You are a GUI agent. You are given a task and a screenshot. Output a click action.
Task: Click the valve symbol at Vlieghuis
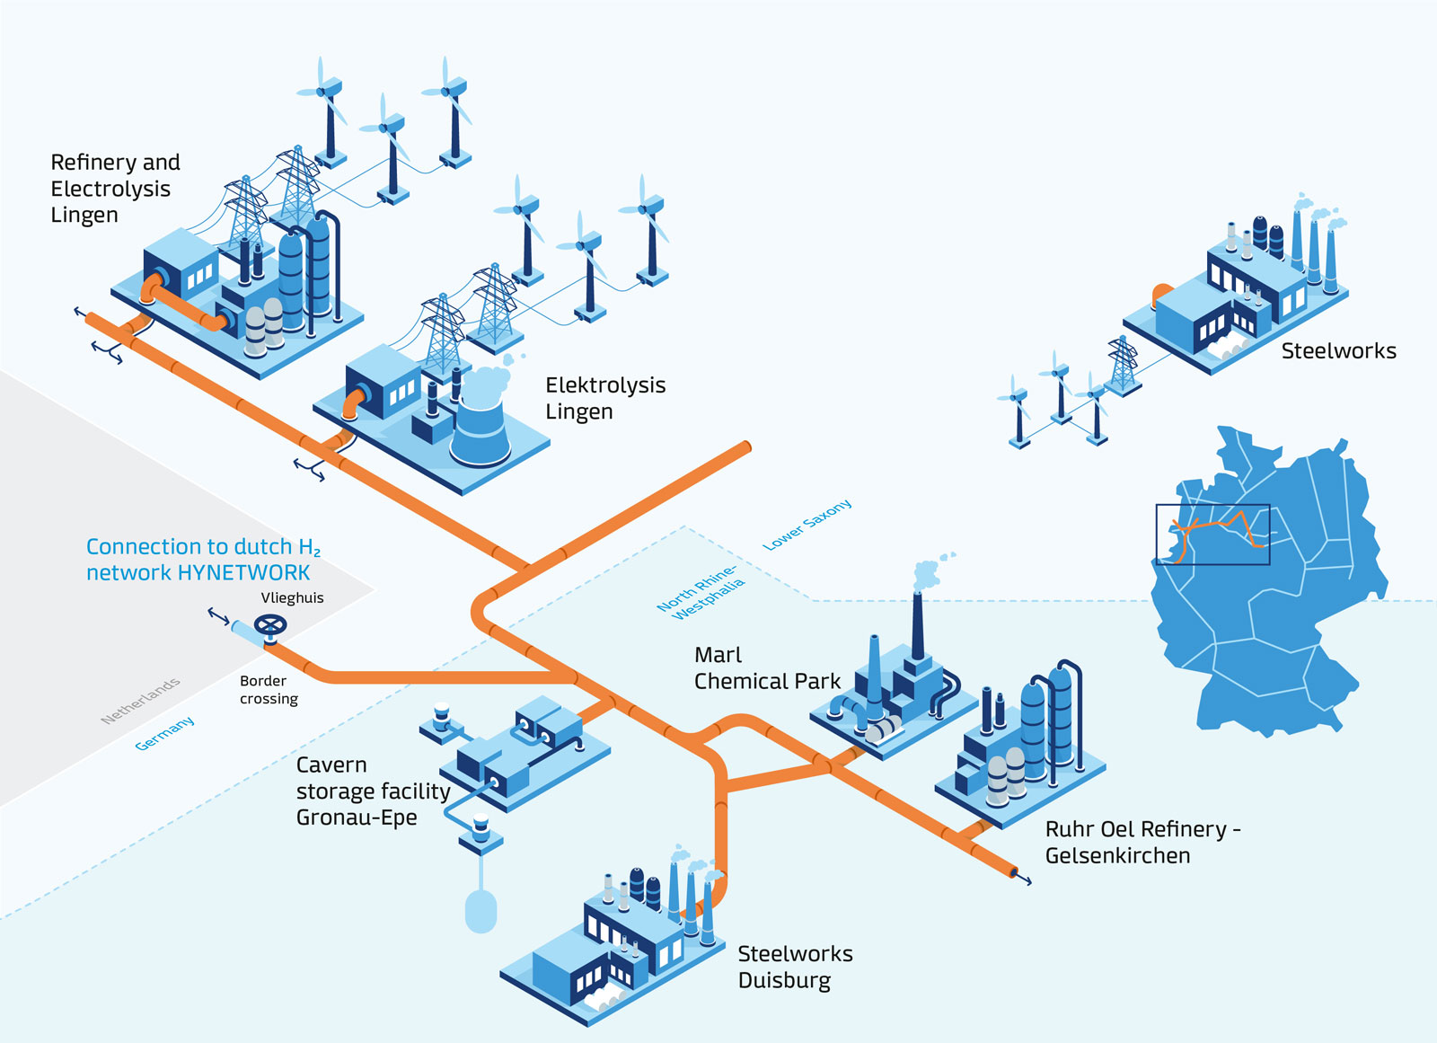tap(270, 624)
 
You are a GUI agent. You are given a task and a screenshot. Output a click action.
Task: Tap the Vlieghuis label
tap(292, 598)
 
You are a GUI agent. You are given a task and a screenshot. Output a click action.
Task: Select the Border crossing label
tap(268, 690)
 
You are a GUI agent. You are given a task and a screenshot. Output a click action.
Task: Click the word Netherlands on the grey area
tap(140, 701)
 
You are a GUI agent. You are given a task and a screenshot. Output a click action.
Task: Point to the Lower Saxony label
tap(807, 525)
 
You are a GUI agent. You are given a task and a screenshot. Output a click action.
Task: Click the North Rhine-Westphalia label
tap(701, 594)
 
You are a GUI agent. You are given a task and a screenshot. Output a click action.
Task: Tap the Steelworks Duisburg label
tap(795, 967)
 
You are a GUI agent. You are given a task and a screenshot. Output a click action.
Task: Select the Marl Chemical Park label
tap(766, 668)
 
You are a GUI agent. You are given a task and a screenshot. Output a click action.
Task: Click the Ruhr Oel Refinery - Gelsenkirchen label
tap(1142, 842)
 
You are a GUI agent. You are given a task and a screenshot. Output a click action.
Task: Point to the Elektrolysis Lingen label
tap(604, 398)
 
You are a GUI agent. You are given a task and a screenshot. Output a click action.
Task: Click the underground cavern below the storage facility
tap(481, 910)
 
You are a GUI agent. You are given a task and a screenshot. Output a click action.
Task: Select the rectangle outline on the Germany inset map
tap(1212, 535)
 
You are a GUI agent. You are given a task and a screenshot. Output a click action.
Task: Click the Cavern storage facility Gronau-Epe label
tap(372, 791)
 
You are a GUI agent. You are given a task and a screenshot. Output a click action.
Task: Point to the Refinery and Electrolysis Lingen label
tap(114, 189)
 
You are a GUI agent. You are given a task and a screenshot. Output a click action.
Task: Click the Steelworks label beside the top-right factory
tap(1338, 351)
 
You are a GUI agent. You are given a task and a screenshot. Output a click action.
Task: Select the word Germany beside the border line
tap(164, 733)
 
